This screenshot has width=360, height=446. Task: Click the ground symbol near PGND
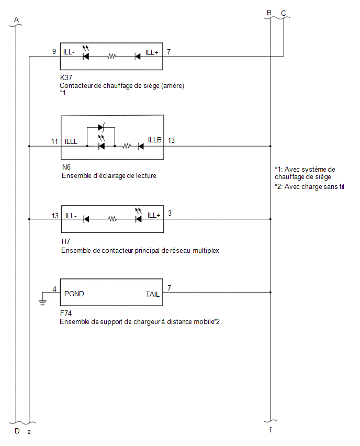pos(42,303)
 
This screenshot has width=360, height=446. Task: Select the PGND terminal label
pos(74,294)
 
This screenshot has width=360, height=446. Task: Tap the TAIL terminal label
pos(153,294)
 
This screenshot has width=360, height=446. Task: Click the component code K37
pos(66,77)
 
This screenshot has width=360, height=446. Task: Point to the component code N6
pos(66,168)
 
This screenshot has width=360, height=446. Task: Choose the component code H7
pos(66,241)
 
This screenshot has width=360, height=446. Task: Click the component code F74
pos(66,313)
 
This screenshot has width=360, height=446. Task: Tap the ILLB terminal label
pos(155,140)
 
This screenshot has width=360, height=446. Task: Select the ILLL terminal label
pos(71,141)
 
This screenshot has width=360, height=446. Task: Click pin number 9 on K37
pos(54,51)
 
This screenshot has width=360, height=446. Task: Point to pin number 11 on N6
pos(54,141)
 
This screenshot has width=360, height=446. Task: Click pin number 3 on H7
pos(170,214)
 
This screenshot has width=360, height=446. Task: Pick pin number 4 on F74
pos(54,289)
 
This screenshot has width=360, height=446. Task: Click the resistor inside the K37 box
pos(111,57)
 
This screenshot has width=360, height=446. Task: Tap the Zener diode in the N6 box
pos(101,127)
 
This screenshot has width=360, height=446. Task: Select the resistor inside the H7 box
pos(113,219)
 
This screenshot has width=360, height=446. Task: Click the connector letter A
pos(17,19)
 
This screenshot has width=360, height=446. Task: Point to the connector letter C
pos(284,14)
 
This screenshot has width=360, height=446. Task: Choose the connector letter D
pos(17,431)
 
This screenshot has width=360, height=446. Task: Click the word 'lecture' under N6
pos(146,176)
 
